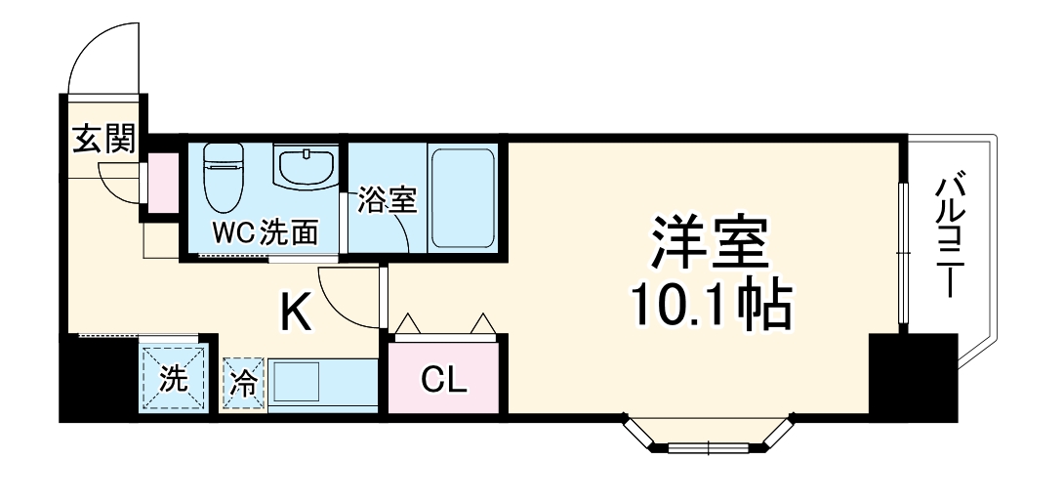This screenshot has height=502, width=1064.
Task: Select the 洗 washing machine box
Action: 173,377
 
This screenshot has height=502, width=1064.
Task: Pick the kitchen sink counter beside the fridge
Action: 322,385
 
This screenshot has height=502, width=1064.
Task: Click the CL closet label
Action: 444,379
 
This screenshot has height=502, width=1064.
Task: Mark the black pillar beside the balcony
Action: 913,375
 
